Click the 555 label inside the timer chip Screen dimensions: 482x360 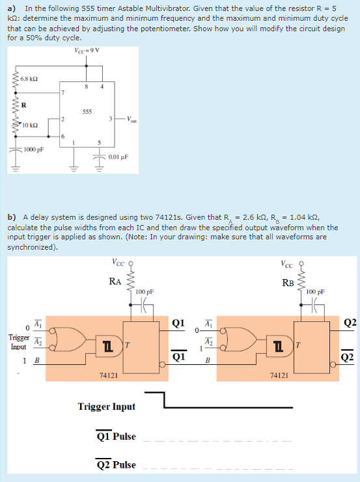86,111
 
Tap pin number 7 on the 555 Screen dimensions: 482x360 63,94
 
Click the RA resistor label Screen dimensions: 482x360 115,281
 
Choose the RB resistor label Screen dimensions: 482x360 288,282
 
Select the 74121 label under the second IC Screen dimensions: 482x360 279,375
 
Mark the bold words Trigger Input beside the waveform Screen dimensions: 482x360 107,407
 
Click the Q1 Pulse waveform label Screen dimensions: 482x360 116,436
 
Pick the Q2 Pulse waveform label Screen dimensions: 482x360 116,464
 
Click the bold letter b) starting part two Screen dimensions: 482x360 12,217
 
